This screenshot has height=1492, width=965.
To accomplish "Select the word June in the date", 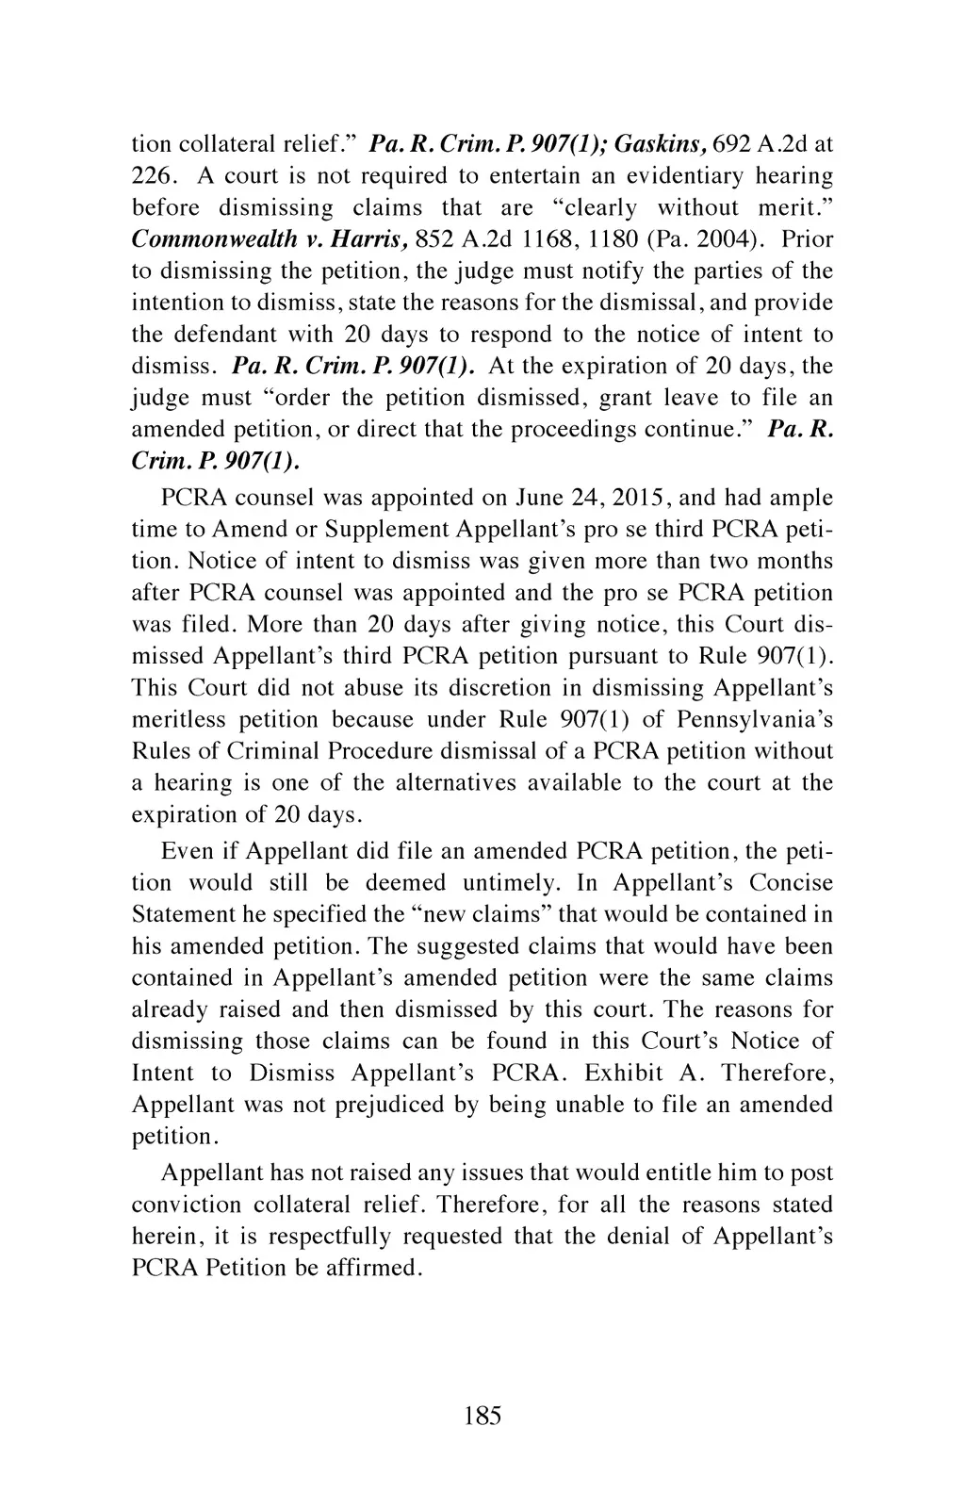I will (539, 498).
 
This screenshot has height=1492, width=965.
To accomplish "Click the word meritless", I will (178, 720).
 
